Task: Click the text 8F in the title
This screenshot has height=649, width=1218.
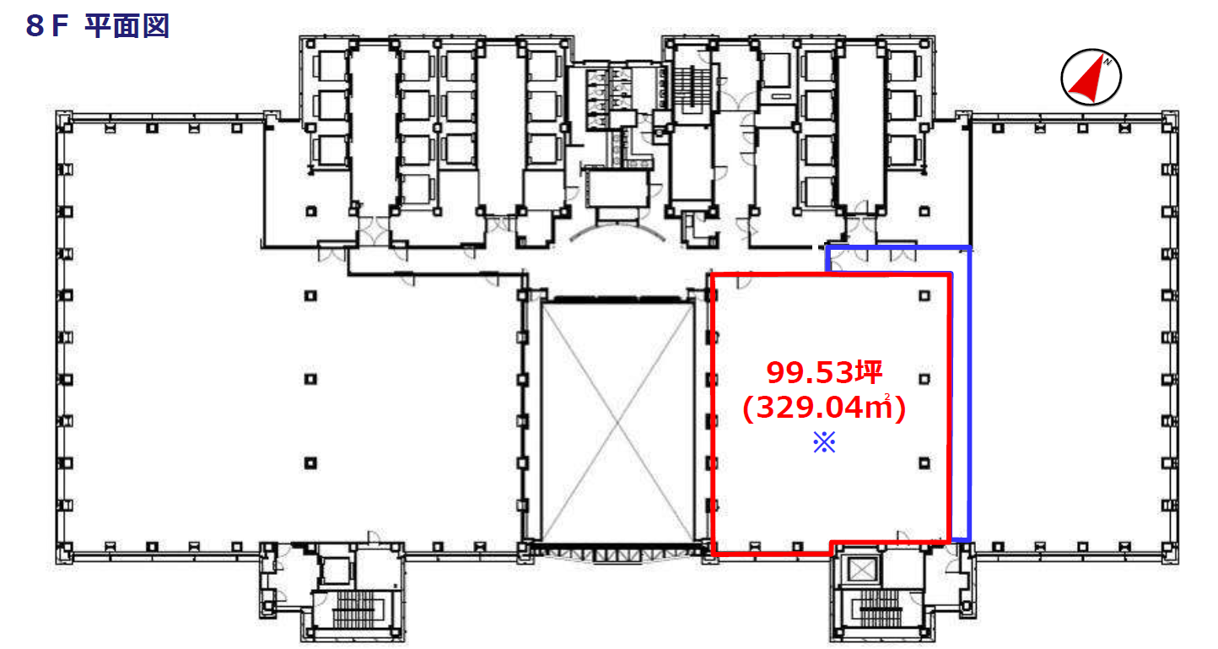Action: pyautogui.click(x=47, y=26)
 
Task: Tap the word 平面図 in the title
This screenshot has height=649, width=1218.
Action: pyautogui.click(x=127, y=26)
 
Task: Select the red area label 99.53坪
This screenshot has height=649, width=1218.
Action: pyautogui.click(x=824, y=373)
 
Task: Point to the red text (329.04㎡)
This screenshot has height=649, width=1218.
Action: pyautogui.click(x=824, y=407)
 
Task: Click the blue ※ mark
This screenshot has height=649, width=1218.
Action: pyautogui.click(x=824, y=442)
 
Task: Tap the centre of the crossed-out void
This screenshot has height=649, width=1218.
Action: pyautogui.click(x=617, y=422)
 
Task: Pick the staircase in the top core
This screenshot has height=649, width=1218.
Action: pyautogui.click(x=693, y=87)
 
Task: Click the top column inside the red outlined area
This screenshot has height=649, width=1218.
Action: pyautogui.click(x=924, y=296)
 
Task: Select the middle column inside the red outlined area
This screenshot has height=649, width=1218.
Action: pyautogui.click(x=924, y=379)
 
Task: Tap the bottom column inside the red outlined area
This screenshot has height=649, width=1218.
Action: pyautogui.click(x=924, y=463)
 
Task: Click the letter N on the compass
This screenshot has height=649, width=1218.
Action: pyautogui.click(x=1108, y=62)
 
